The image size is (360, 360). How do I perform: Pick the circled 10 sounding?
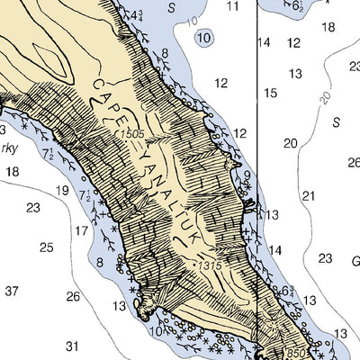[x=204, y=38]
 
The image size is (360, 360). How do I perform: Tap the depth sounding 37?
[x=12, y=291]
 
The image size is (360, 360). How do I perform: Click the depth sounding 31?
[x=72, y=346]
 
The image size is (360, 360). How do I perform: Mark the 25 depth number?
[x=47, y=247]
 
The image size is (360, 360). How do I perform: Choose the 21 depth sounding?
[x=309, y=196]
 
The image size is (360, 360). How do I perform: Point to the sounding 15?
[x=270, y=93]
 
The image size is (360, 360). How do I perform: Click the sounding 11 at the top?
[x=233, y=7]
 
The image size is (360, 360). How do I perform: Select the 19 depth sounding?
[x=62, y=190]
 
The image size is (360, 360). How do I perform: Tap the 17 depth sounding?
[x=81, y=231]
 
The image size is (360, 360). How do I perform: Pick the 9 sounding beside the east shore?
[x=247, y=175]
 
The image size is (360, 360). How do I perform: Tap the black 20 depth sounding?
[x=290, y=143]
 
